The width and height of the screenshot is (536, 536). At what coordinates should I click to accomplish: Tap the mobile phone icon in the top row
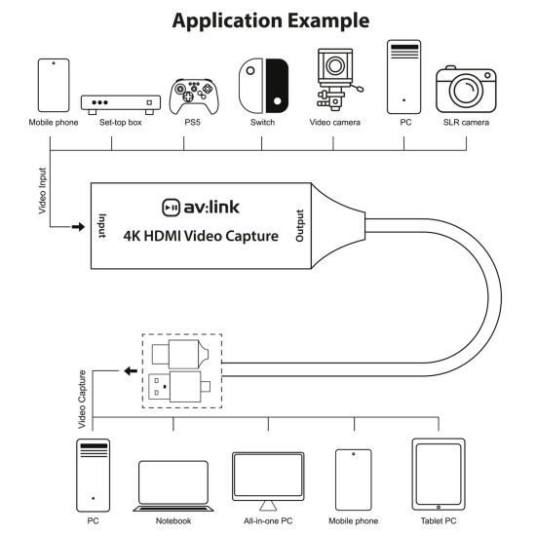click(53, 86)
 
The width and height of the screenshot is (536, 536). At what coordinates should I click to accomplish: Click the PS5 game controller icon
click(189, 95)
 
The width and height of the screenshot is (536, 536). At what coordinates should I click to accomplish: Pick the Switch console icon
click(263, 86)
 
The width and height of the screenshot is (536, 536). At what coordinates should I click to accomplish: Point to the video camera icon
click(334, 82)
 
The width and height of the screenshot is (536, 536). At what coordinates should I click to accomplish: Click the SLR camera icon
click(466, 90)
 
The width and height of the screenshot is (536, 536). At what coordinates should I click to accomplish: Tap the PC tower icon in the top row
click(402, 77)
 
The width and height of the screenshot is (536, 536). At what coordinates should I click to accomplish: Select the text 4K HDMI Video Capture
click(201, 237)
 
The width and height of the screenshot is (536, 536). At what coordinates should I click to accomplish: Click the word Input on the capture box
click(100, 227)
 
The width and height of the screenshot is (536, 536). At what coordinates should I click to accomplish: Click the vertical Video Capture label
click(83, 400)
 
